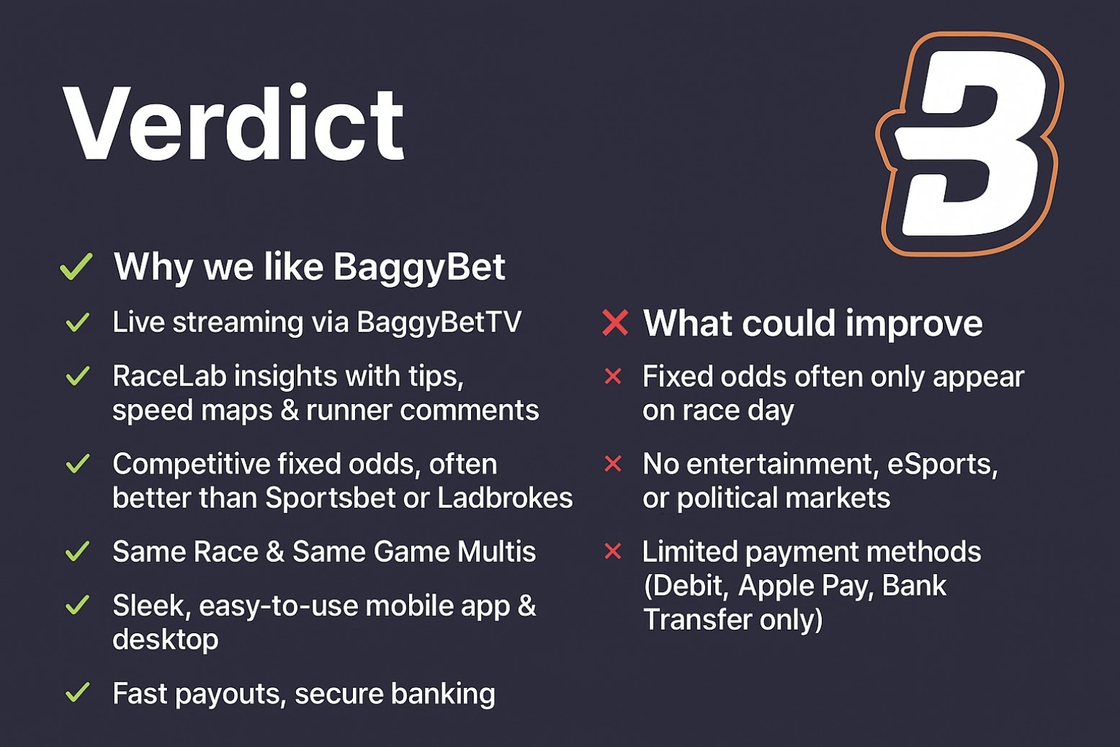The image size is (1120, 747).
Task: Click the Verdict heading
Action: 234,124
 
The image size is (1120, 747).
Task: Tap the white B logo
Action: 969,144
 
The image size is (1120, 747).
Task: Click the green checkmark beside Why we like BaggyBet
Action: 76,267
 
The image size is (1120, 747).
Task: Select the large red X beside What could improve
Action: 615,323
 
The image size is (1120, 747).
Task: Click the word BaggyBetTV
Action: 439,322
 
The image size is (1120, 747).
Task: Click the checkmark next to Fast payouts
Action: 77,693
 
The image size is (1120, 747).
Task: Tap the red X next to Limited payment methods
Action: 613,552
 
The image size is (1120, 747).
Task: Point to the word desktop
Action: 166,640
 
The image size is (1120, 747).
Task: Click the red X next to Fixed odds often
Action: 613,376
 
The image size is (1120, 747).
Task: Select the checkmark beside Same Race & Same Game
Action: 77,552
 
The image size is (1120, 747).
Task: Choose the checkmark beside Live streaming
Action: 77,322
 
